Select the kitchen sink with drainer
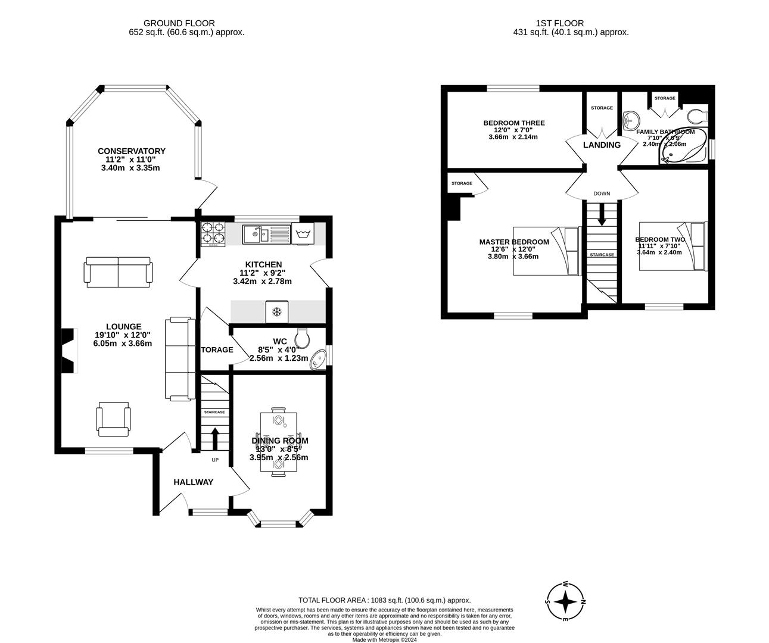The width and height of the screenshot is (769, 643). tap(266, 234)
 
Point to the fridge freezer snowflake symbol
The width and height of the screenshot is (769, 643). tap(276, 311)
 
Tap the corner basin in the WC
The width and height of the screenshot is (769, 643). tap(318, 360)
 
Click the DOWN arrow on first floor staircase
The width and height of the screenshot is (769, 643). tap(602, 214)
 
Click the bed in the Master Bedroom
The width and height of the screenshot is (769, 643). tap(547, 251)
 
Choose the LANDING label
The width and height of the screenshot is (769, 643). tap(602, 145)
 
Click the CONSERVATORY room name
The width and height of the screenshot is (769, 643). tap(132, 151)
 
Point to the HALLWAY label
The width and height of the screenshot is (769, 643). tap(193, 482)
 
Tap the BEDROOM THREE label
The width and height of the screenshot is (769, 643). tap(513, 123)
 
